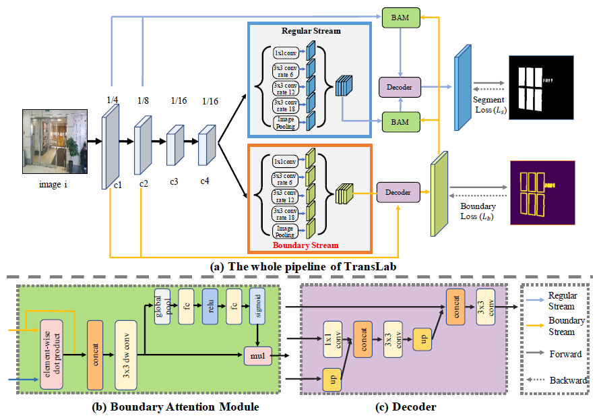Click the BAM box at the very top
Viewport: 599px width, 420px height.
coord(401,18)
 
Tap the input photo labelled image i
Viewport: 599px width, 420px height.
coord(55,142)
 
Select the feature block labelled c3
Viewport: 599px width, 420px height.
coord(175,145)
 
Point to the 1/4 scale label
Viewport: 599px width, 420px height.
coord(113,100)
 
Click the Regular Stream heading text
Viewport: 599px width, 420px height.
coord(311,31)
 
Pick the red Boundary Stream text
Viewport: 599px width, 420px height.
coord(306,245)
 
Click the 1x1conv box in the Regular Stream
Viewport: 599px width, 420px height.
coord(286,53)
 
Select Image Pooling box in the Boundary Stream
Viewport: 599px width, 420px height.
coord(285,231)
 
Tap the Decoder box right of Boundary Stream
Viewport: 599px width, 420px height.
coord(398,192)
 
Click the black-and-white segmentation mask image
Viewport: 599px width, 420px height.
coord(541,88)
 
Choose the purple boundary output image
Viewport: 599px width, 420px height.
coord(542,193)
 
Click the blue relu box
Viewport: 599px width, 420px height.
coord(210,307)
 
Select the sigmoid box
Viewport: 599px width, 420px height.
coord(257,307)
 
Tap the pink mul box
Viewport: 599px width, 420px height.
coord(258,356)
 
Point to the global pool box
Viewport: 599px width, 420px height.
coord(162,307)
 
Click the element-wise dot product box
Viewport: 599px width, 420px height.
coord(52,355)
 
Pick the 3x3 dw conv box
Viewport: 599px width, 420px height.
coord(126,355)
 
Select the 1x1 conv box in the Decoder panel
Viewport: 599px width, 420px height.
coord(333,339)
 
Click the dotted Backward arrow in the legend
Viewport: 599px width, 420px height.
coord(535,380)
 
